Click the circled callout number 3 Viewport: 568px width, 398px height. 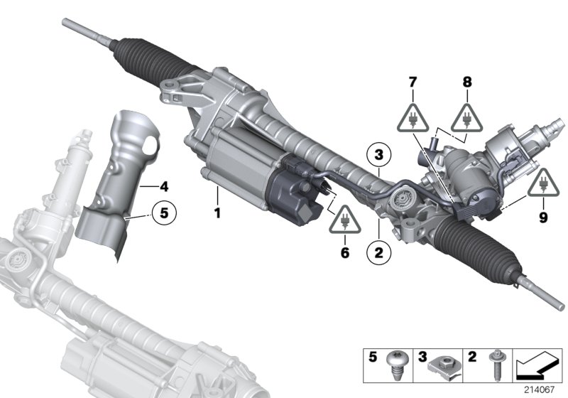[379, 154]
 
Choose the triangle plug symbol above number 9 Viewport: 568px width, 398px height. [542, 184]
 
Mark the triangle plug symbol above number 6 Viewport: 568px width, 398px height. [345, 220]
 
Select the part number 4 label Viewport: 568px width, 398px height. [164, 188]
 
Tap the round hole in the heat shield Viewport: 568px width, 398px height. [147, 146]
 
